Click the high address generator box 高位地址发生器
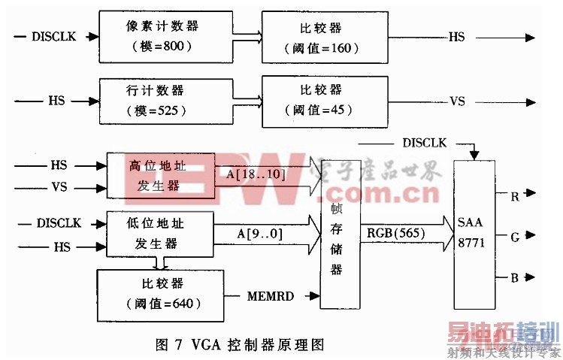tap(160, 175)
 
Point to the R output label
tap(515, 197)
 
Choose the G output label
tap(515, 237)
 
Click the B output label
tap(515, 278)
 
